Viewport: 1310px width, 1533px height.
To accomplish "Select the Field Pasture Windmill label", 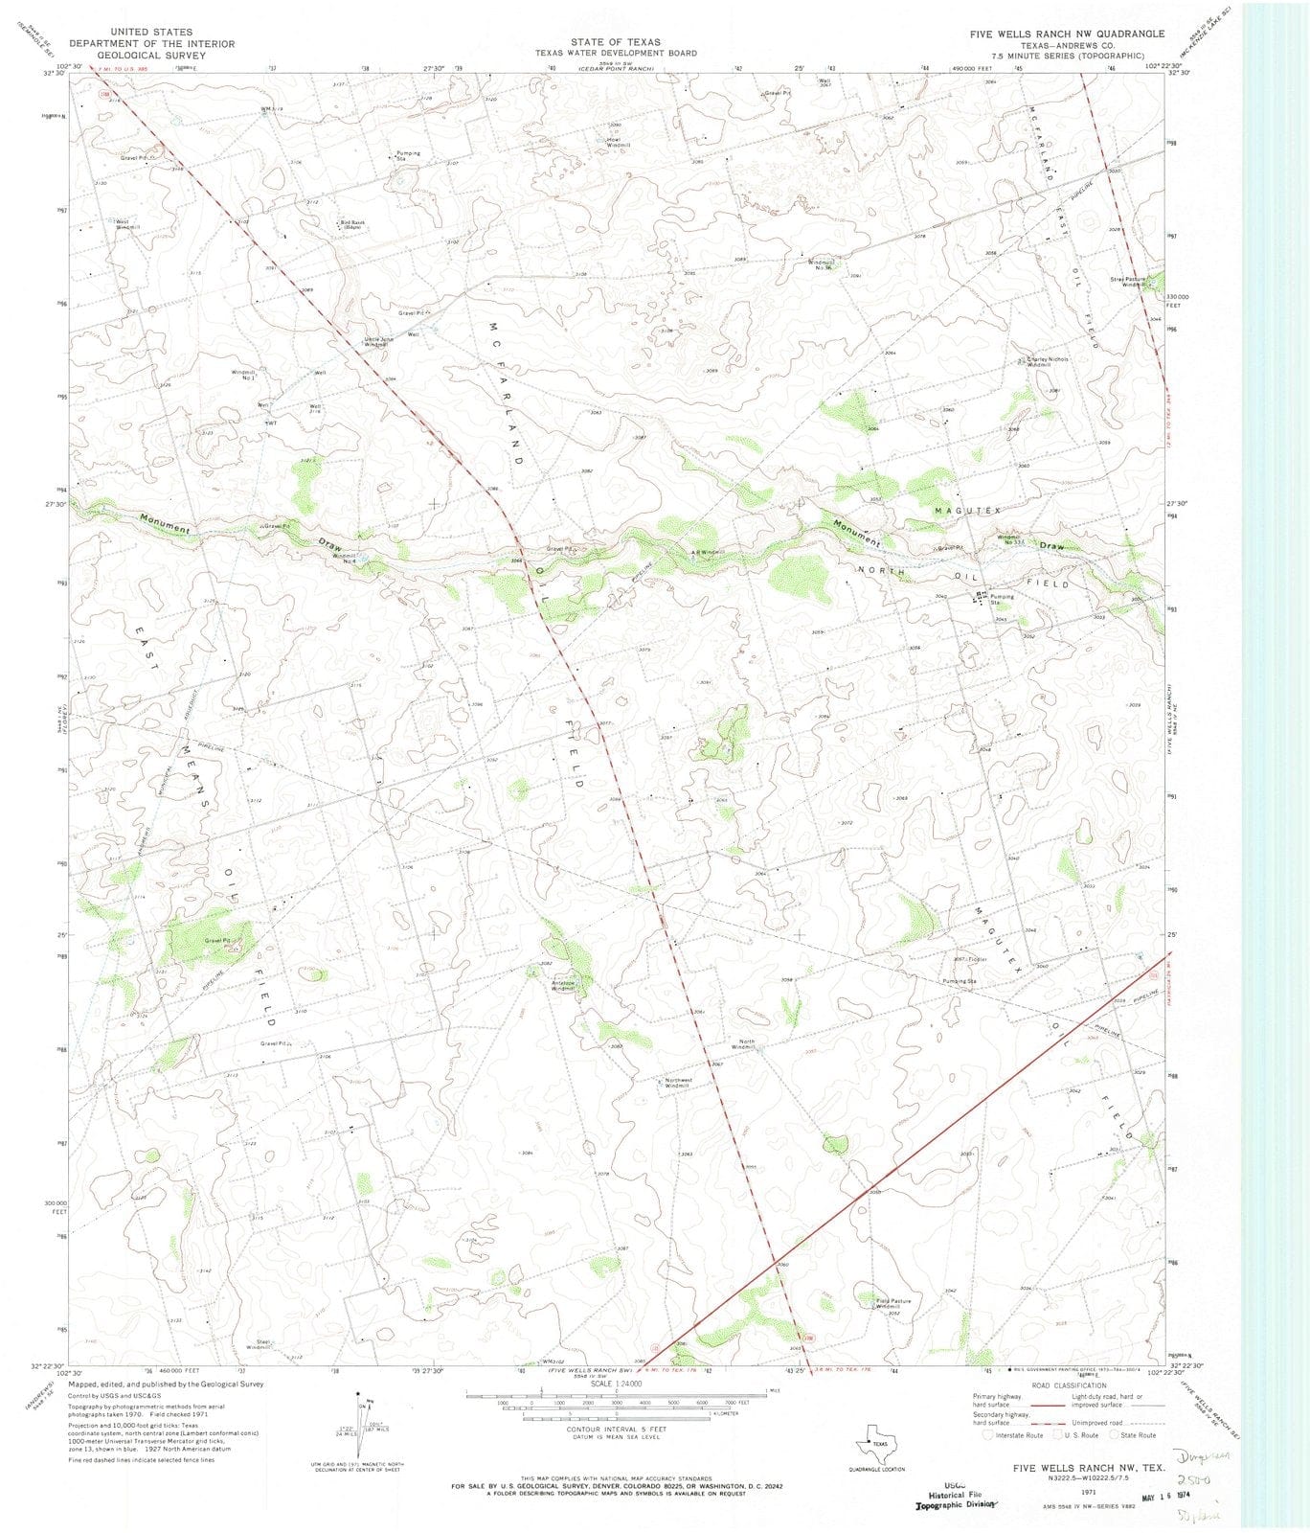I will [x=893, y=1304].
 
